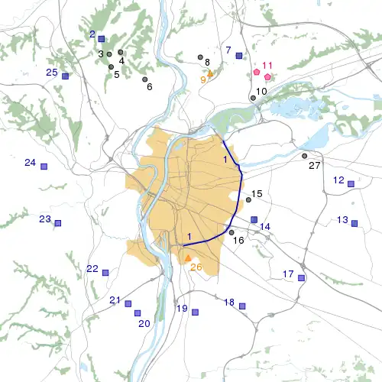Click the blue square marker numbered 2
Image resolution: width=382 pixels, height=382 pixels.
[x=102, y=38]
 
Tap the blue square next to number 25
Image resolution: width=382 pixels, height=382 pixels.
[x=66, y=76]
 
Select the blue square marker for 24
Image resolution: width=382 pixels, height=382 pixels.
[x=44, y=166]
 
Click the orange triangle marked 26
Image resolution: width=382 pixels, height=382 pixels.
[x=188, y=258]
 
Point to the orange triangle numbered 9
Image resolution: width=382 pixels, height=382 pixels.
[x=211, y=73]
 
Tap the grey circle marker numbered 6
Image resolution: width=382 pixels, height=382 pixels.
[x=145, y=79]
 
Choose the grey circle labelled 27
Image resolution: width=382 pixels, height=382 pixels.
[x=305, y=156]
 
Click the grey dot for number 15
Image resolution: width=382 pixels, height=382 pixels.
[x=248, y=200]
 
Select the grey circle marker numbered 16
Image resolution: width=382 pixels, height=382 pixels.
[x=231, y=232]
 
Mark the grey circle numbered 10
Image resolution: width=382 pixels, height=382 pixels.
[x=254, y=98]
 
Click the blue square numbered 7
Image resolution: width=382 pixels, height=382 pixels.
[x=239, y=56]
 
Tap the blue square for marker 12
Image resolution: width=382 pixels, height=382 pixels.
[x=351, y=184]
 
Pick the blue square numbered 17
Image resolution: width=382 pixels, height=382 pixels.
[x=301, y=278]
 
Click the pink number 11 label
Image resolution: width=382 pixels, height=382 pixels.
[x=267, y=66]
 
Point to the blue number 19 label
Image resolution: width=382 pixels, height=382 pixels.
[x=182, y=309]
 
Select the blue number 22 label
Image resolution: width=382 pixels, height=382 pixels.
[x=92, y=269]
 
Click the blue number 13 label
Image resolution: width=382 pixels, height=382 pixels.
[x=342, y=220]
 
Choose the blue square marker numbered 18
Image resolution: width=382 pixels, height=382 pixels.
[x=242, y=306]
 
